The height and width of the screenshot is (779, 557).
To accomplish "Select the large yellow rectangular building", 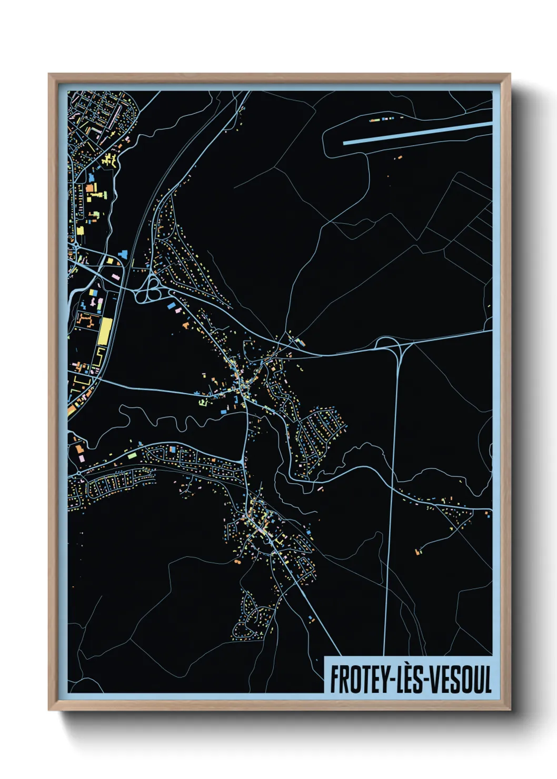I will (x=104, y=331).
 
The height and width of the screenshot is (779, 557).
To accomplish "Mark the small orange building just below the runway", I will (x=400, y=157).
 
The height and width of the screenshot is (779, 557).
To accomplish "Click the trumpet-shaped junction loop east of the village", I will (x=389, y=344).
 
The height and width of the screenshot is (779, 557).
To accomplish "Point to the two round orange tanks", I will (x=237, y=562).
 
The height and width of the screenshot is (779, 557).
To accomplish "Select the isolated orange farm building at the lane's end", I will (x=418, y=552).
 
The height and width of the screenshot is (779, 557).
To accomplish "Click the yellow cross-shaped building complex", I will (x=109, y=160).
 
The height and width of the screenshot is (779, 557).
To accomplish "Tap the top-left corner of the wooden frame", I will (x=49, y=74).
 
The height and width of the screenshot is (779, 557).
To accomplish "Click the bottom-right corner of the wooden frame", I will (x=510, y=710).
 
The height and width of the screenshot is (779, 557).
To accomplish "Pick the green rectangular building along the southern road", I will (x=132, y=455).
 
